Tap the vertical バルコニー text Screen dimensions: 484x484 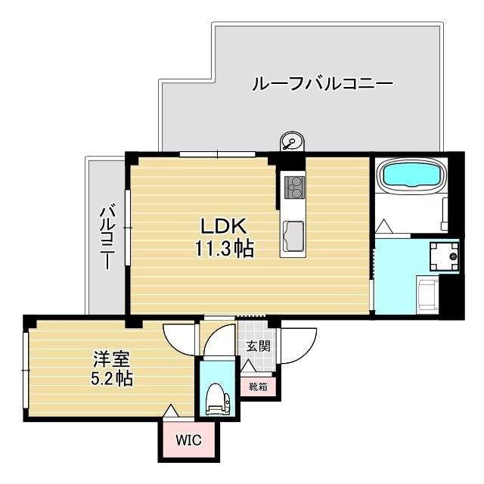coord(107,236)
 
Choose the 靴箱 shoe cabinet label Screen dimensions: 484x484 coord(258,386)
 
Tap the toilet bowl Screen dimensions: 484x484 coord(216,399)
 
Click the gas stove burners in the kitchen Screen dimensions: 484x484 coord(293,185)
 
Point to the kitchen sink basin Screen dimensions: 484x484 coord(293,237)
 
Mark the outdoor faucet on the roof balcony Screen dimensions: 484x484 coord(290,141)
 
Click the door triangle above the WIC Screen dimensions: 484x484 coord(172,411)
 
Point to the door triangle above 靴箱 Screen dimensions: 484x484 coord(247,367)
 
